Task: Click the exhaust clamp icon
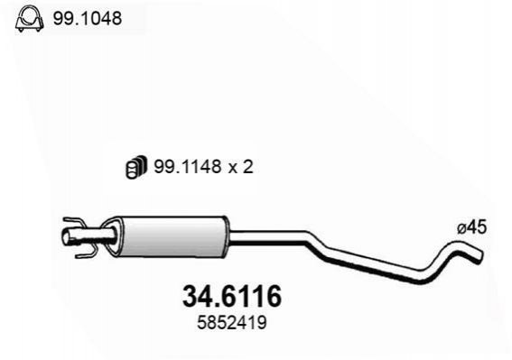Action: pos(29,19)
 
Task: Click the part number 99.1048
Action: pos(88,18)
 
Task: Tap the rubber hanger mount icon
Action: pos(136,167)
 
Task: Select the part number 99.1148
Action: pos(188,167)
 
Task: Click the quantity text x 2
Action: pos(241,167)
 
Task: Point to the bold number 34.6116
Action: pos(232,296)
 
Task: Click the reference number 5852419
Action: pos(232,323)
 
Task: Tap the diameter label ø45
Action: pos(472,227)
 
